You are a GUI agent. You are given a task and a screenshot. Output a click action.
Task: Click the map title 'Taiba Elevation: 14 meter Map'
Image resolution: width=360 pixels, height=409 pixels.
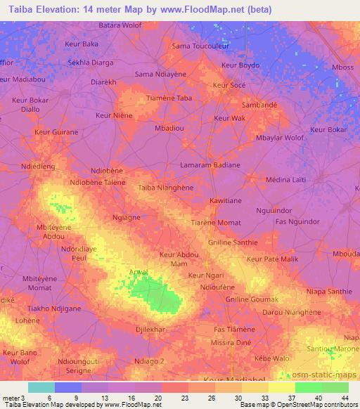point(84,8)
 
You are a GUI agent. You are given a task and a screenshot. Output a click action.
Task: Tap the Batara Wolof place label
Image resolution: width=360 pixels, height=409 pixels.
point(121,25)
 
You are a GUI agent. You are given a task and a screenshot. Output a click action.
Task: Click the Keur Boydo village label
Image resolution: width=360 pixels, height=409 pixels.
point(240,65)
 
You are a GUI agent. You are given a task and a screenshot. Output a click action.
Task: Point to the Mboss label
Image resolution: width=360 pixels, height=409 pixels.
point(343,67)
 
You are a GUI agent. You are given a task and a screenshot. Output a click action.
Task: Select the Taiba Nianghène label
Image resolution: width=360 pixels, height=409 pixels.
point(166,188)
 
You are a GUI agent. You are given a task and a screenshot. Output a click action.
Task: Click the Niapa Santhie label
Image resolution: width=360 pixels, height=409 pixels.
point(329,292)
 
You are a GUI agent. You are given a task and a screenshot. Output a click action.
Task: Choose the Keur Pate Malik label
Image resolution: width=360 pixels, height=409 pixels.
point(274,260)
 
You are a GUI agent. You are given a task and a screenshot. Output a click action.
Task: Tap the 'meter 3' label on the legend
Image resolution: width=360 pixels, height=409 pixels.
point(13,398)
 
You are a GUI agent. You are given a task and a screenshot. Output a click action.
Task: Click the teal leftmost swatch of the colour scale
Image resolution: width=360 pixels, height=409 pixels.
point(41,387)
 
